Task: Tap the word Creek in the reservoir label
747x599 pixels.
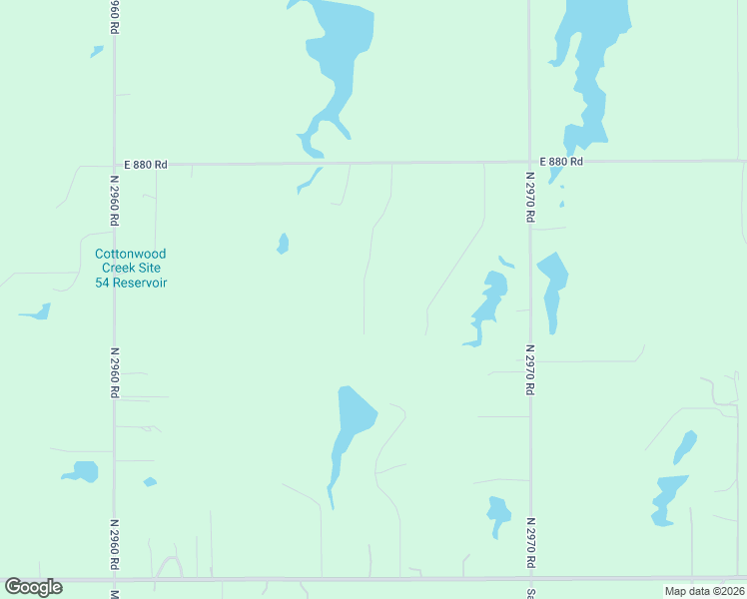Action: (117, 268)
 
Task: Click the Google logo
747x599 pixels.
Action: (33, 587)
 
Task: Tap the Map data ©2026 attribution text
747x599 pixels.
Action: (704, 591)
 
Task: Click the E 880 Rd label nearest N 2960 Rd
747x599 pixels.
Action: (146, 164)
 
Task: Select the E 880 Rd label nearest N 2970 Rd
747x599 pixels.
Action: (561, 162)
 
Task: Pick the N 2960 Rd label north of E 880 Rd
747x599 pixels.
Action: (115, 18)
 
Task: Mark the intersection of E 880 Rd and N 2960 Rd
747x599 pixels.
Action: (115, 164)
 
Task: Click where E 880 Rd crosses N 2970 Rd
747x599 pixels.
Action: (529, 161)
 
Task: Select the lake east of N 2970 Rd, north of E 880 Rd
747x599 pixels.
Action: (592, 60)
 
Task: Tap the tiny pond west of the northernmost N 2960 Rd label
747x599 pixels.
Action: (97, 51)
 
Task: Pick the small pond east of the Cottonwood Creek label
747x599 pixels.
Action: (283, 244)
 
